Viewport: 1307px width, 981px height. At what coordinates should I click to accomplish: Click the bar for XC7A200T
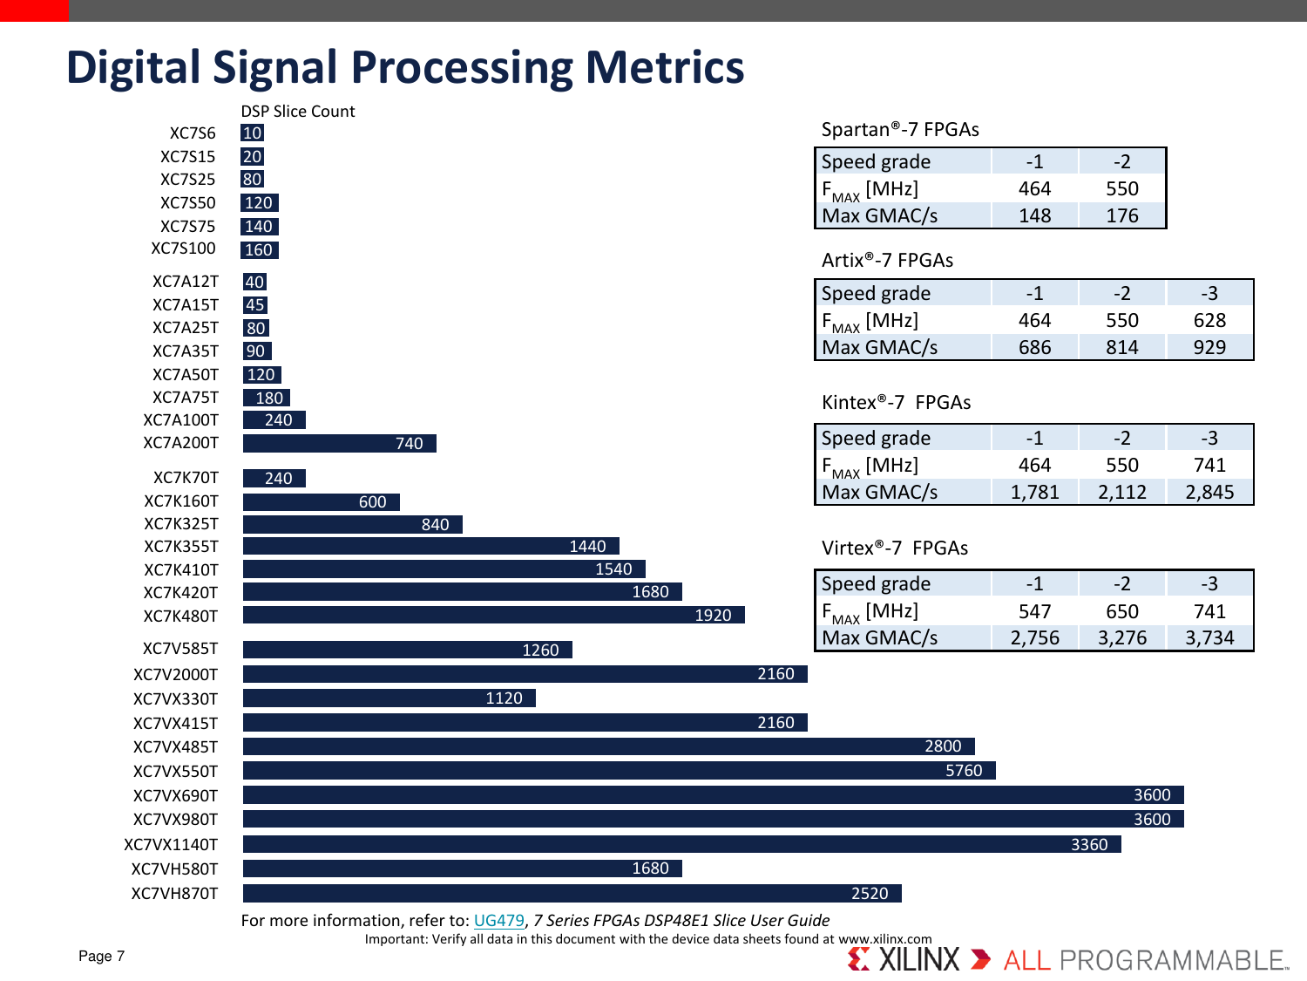click(x=339, y=443)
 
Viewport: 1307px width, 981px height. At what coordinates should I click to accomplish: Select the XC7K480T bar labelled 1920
click(x=493, y=615)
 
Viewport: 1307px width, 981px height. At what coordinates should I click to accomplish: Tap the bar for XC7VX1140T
click(x=681, y=844)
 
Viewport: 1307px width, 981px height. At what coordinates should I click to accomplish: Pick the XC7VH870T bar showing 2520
click(x=572, y=893)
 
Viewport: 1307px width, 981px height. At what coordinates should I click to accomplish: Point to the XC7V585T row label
click(x=180, y=649)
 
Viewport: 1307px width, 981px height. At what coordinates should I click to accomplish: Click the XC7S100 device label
click(x=183, y=249)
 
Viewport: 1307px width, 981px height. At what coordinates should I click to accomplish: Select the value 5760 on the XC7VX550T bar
click(x=964, y=771)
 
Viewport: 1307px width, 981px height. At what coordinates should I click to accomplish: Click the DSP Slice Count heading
click(x=298, y=112)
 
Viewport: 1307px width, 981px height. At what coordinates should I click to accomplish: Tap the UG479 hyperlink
click(x=498, y=921)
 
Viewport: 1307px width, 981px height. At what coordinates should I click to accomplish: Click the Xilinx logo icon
click(x=859, y=959)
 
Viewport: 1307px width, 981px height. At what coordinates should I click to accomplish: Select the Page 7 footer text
click(x=101, y=956)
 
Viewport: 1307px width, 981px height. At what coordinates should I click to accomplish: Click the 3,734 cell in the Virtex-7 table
click(x=1209, y=638)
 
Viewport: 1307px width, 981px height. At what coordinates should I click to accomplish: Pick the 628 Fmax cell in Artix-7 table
click(x=1209, y=321)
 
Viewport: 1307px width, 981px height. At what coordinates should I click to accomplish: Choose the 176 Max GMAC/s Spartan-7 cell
click(x=1122, y=216)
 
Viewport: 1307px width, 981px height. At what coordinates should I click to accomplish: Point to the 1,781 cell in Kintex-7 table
click(x=1034, y=493)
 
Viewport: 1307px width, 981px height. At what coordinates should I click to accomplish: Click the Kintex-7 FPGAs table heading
click(x=896, y=403)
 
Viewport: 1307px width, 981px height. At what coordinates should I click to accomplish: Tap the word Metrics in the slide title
click(x=665, y=68)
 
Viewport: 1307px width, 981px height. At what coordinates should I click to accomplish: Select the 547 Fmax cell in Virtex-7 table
click(x=1034, y=611)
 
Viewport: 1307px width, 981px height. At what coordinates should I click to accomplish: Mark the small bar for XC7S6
click(x=252, y=133)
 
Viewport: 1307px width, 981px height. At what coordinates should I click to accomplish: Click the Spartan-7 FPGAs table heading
click(x=900, y=130)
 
